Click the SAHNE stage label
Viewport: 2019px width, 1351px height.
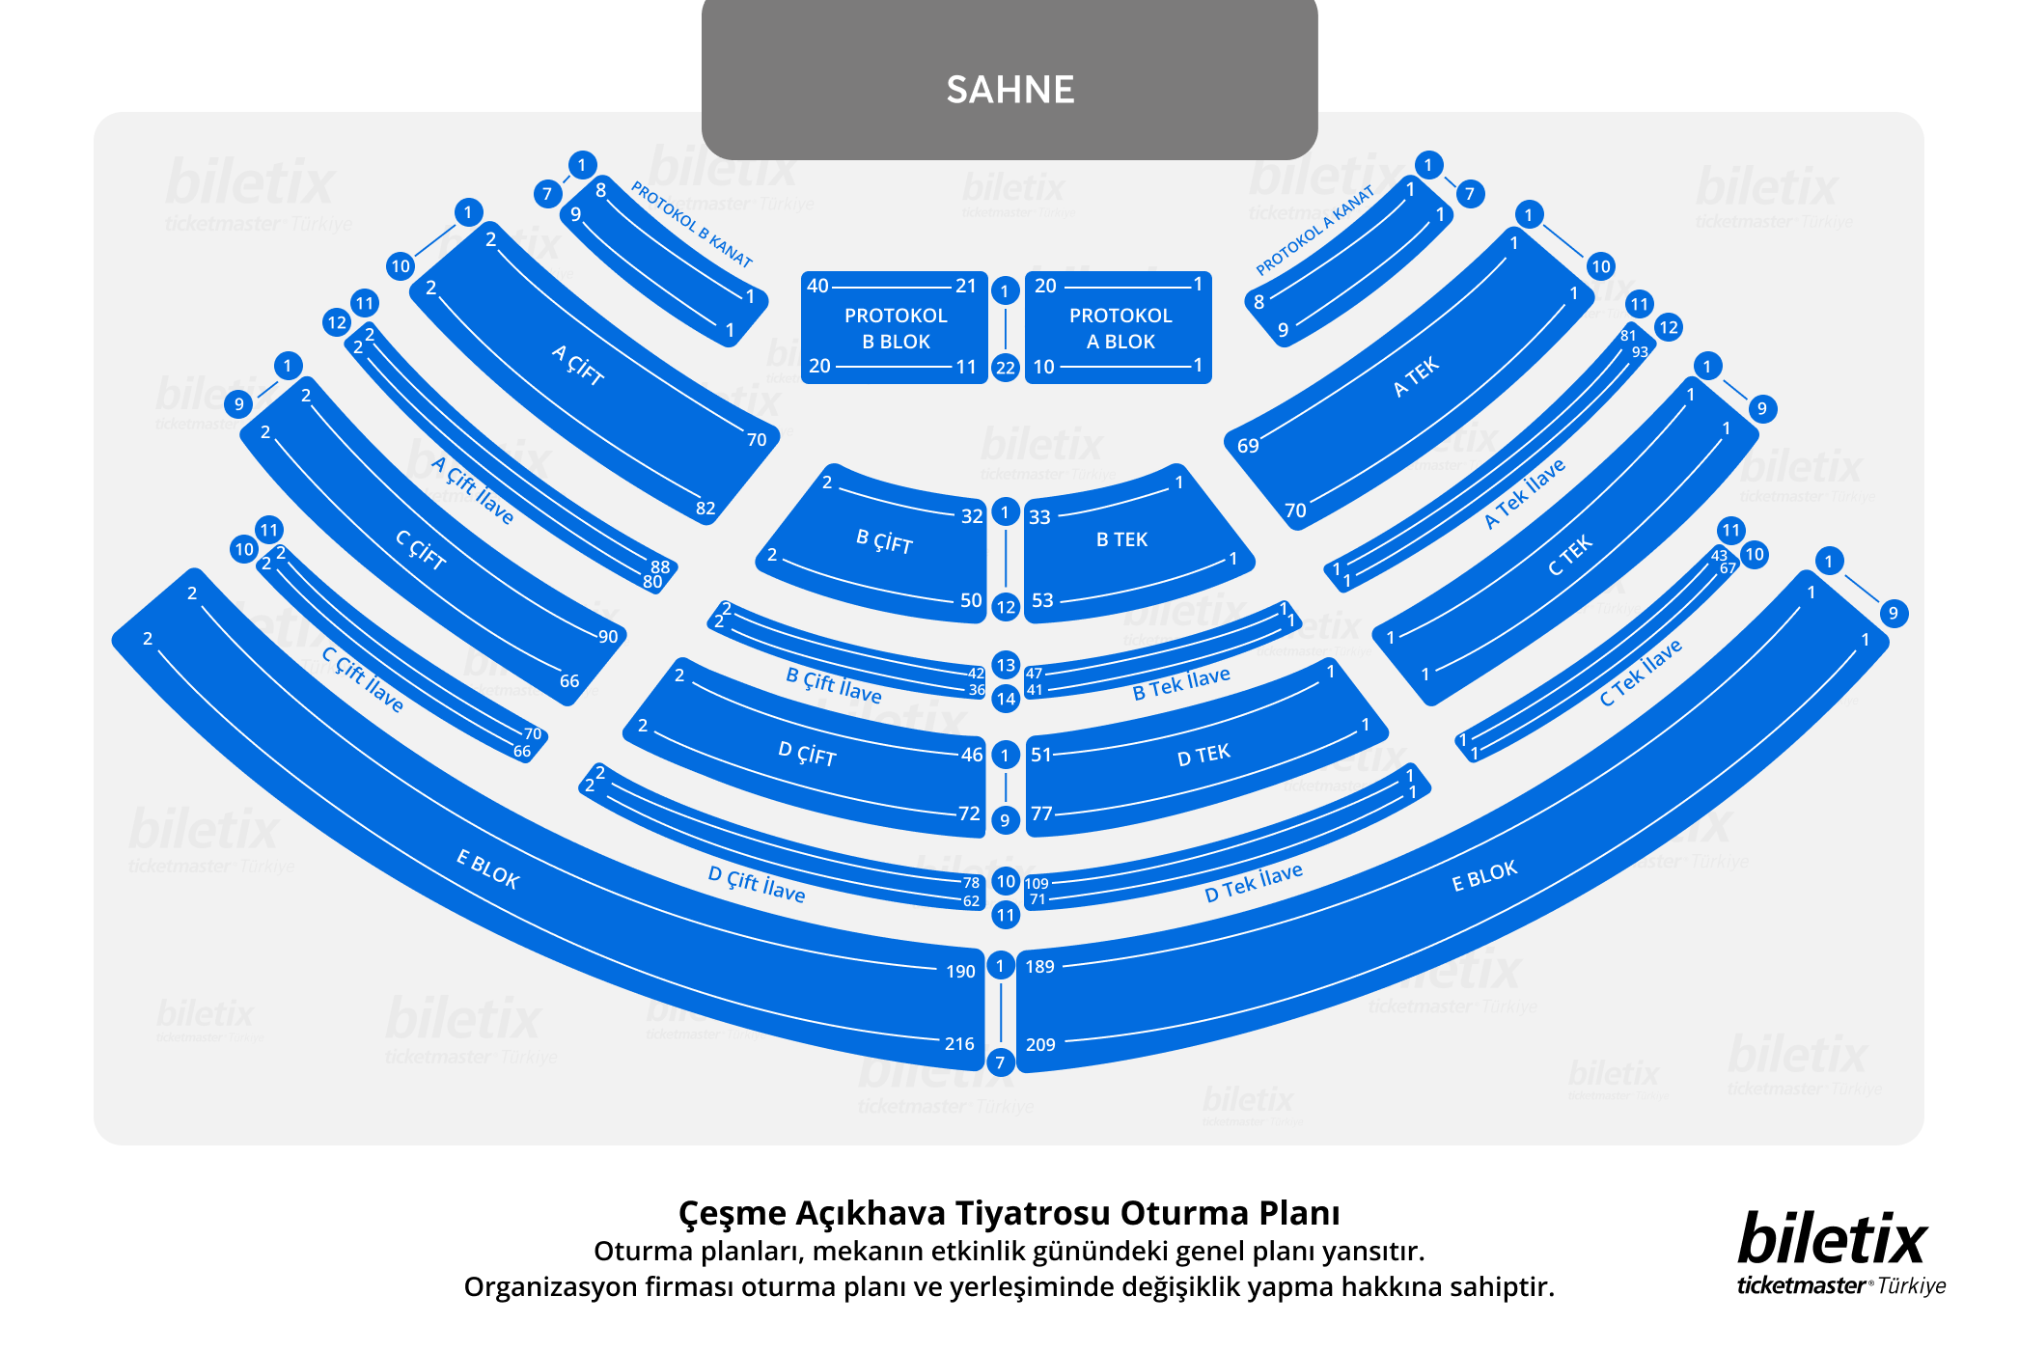click(1009, 90)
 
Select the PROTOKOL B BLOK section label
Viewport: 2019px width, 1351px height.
click(896, 328)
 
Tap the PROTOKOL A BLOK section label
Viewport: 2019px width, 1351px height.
click(1120, 328)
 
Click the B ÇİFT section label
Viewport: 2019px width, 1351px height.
click(884, 541)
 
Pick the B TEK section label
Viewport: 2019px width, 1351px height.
click(1121, 539)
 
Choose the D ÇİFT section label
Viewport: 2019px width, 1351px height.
click(807, 753)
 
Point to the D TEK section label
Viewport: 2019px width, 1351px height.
click(1203, 754)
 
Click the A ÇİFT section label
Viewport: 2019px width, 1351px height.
click(577, 366)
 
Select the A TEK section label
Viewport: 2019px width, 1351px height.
click(1416, 376)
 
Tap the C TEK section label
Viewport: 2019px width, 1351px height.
click(1570, 556)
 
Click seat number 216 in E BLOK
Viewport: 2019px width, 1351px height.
click(959, 1043)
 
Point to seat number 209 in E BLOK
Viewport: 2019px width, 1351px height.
click(1040, 1044)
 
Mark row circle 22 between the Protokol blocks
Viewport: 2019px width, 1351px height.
click(1006, 367)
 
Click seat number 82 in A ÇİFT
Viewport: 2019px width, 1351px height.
click(705, 509)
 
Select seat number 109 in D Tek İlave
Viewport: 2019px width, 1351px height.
click(1037, 883)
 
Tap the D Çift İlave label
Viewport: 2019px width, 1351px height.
click(757, 883)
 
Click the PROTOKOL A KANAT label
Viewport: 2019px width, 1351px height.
click(1314, 231)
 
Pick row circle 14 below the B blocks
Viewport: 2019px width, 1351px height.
click(1006, 699)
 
